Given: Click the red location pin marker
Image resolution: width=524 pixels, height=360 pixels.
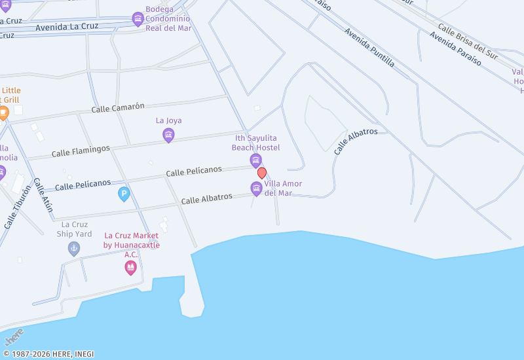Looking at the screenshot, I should pos(262,173).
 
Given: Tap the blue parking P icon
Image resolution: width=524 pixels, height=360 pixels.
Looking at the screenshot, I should pos(124,194).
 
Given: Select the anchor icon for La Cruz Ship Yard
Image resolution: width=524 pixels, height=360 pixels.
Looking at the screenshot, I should pos(74,249).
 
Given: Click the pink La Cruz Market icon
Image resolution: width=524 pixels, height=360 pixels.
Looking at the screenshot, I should pos(130,267).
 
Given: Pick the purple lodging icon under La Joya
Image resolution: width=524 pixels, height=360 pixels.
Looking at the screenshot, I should pos(168,135).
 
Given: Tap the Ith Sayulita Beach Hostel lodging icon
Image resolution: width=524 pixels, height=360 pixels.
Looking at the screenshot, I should pos(255,160).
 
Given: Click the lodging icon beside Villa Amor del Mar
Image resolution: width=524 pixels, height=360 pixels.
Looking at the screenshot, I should pos(257,189).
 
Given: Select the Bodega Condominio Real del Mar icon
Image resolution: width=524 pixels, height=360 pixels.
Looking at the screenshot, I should pos(138,18).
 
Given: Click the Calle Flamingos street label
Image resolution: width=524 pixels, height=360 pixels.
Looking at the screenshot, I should pos(81,151).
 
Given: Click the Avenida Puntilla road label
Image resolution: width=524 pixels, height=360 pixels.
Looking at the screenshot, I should pos(369,48).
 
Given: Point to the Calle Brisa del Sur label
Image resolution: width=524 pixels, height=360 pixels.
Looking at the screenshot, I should pos(468,41).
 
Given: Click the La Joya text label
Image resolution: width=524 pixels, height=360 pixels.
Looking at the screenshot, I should pos(168,120).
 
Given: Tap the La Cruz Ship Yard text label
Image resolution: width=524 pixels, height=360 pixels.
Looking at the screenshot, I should pos(74,229).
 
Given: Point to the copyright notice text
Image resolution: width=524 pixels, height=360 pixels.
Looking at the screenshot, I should pos(48,354).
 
